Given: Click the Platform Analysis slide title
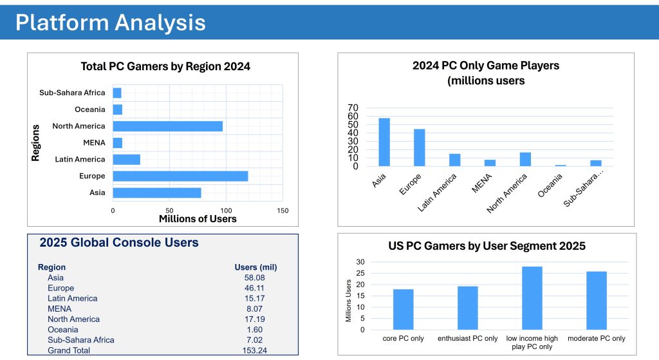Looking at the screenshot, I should click(111, 22).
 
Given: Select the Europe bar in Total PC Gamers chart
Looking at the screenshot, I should click(180, 176).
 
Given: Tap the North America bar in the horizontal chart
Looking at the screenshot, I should click(167, 126).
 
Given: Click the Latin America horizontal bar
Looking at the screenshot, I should click(126, 159).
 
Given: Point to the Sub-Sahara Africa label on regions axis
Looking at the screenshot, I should click(72, 93).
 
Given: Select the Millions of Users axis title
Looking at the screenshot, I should click(198, 219).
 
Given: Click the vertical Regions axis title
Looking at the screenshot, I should click(36, 142).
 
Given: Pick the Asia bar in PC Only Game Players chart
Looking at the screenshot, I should click(384, 142).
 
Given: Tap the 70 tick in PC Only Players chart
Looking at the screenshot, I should click(353, 108).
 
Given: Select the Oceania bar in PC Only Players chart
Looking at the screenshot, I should click(561, 165).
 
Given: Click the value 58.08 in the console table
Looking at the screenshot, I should click(255, 278).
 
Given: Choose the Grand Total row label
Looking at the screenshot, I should click(69, 350).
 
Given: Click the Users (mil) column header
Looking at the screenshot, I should click(255, 267).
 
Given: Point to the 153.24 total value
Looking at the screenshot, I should click(255, 350).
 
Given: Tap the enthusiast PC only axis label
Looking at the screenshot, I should click(468, 339).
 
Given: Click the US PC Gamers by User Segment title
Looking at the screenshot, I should click(487, 246).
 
